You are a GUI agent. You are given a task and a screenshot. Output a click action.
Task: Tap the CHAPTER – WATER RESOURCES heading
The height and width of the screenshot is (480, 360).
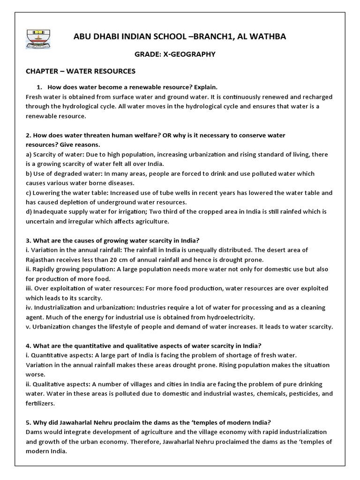[80, 71]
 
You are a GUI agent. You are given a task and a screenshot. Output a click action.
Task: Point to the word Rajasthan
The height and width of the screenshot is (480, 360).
[42, 259]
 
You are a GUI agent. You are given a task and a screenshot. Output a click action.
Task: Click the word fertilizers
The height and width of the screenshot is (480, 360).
[40, 403]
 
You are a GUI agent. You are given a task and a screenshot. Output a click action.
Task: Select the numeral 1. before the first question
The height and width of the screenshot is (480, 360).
[39, 87]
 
